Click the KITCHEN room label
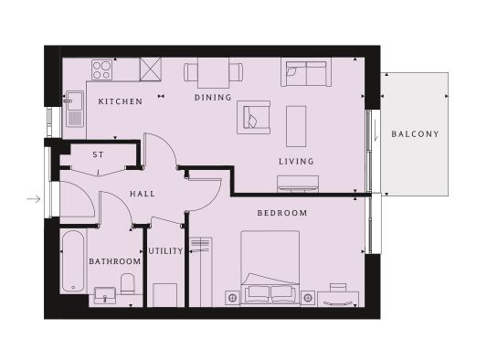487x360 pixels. tap(121, 101)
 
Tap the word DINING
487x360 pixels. tap(213, 98)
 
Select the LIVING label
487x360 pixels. tap(296, 162)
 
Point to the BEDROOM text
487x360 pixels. tap(282, 213)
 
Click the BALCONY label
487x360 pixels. tap(415, 134)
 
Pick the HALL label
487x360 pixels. tap(143, 194)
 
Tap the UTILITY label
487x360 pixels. tap(166, 251)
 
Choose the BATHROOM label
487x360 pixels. tap(115, 261)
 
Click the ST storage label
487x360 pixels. tap(98, 154)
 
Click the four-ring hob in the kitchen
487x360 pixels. tap(101, 69)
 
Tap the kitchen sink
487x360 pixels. tap(75, 109)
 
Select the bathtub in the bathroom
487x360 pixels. tap(73, 261)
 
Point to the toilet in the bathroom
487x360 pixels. tap(127, 284)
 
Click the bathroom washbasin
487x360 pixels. tap(105, 295)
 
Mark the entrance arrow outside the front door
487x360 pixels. tap(34, 199)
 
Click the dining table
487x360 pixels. tap(214, 73)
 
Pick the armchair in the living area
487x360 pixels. tap(253, 118)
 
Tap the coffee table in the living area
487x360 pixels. tap(296, 126)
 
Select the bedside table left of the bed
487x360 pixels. tap(232, 298)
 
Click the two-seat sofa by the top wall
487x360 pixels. tap(306, 72)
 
